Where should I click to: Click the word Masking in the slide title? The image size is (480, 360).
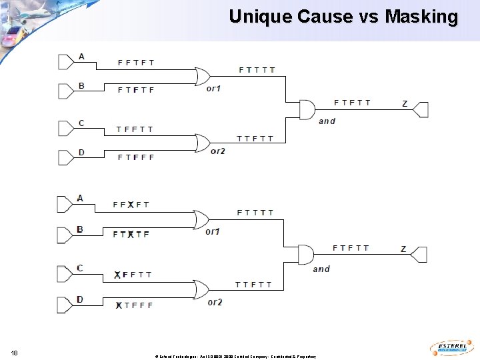point(421,16)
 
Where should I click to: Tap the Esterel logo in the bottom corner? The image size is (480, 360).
point(451,348)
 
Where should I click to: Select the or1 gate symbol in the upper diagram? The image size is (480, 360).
point(202,77)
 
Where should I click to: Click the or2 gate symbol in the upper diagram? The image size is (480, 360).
point(202,142)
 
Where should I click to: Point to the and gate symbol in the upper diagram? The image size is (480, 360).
point(307,109)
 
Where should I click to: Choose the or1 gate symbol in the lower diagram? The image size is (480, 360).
point(200,219)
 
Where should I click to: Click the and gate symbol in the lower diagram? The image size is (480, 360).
point(305,255)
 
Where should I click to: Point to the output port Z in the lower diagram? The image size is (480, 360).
point(419,254)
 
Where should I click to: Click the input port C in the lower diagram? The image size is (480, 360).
point(65,274)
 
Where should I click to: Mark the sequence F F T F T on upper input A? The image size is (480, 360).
point(136,63)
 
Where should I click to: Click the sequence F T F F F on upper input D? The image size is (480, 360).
point(136,157)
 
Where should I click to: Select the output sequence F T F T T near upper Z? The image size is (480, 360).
point(352,103)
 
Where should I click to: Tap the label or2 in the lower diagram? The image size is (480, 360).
point(215,302)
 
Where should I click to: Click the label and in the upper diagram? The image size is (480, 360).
point(327,121)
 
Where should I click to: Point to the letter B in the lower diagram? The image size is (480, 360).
point(80,229)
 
